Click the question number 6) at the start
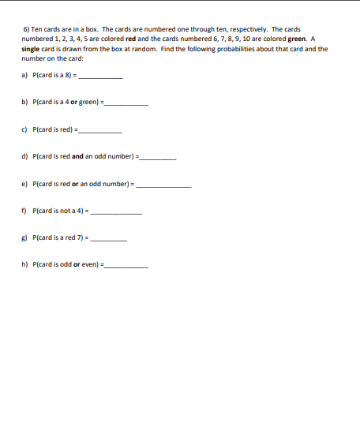coord(25,28)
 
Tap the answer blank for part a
coord(102,77)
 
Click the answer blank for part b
coord(127,104)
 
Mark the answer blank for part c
coord(102,132)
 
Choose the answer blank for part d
coord(157,159)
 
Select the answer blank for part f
coord(118,213)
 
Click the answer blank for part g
coord(111,240)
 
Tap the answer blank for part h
coord(127,267)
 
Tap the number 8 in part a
coord(71,76)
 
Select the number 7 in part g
coord(86,237)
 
